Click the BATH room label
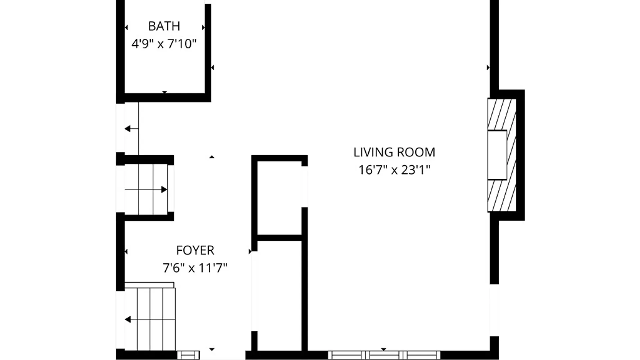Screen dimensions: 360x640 [164, 26]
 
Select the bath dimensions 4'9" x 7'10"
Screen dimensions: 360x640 [164, 44]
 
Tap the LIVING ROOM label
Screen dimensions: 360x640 [394, 152]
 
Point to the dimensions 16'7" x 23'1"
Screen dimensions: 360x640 [394, 170]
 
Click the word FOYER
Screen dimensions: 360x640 [195, 250]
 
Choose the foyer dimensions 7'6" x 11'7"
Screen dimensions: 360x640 [195, 268]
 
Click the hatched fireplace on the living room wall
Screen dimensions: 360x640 [502, 113]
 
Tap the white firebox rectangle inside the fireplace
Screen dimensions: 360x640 [497, 155]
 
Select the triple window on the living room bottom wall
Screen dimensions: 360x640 [384, 355]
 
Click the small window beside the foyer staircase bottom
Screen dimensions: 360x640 [188, 355]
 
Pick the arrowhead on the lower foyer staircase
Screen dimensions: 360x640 [128, 320]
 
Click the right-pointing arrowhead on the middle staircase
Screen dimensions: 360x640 [164, 190]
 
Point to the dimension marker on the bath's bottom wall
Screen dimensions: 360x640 [164, 92]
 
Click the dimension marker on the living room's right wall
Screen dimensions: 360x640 [488, 68]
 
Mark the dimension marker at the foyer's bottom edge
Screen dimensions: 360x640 [212, 349]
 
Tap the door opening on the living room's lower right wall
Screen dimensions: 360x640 [494, 310]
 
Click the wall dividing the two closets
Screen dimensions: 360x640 [279, 238]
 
